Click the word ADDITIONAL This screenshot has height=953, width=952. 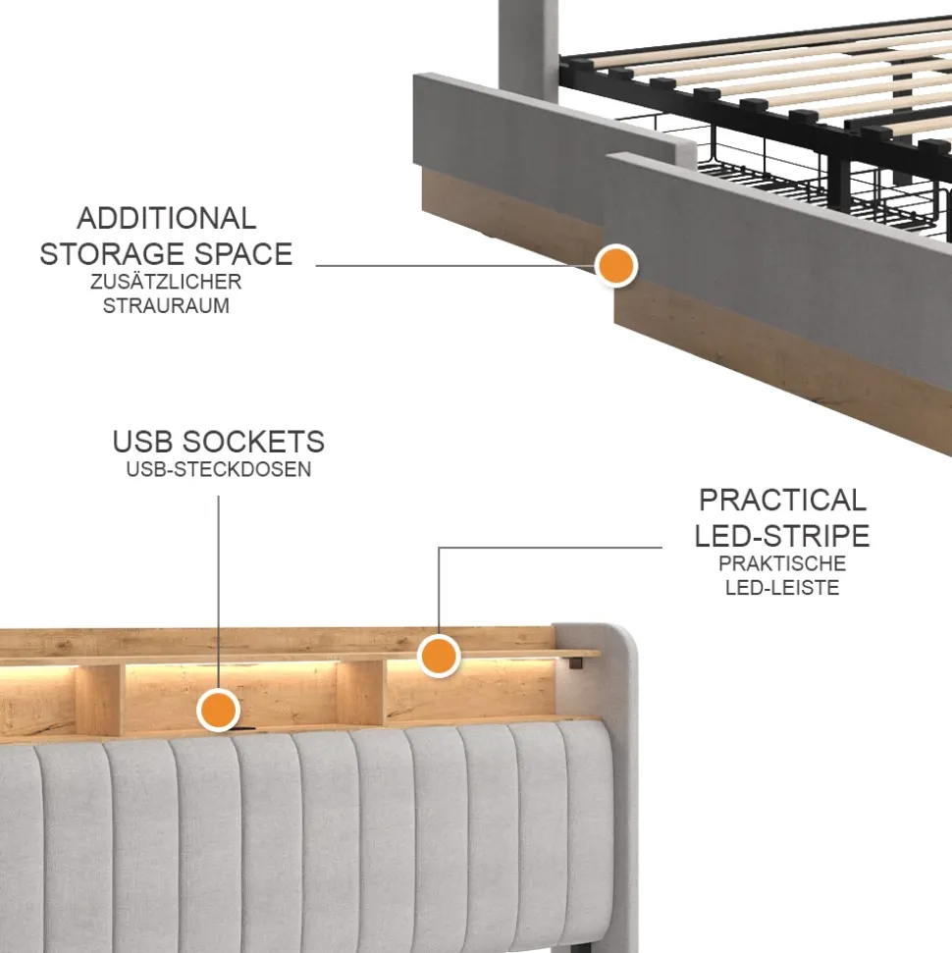(166, 219)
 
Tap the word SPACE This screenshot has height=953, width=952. (242, 254)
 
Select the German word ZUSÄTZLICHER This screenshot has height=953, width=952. (166, 282)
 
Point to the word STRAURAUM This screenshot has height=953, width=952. (166, 305)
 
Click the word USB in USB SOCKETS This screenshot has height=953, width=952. (143, 442)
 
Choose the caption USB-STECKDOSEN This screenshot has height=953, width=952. (219, 469)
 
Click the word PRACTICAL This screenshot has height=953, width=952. (782, 501)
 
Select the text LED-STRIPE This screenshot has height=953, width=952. (782, 536)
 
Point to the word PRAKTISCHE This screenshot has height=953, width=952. (782, 563)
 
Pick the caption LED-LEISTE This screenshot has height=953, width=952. (782, 588)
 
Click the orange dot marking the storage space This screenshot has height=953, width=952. (616, 266)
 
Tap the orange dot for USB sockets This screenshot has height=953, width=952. (219, 710)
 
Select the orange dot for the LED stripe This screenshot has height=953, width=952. (439, 656)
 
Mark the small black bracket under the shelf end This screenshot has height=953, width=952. (574, 662)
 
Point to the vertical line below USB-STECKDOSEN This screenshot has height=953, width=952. (219, 592)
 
